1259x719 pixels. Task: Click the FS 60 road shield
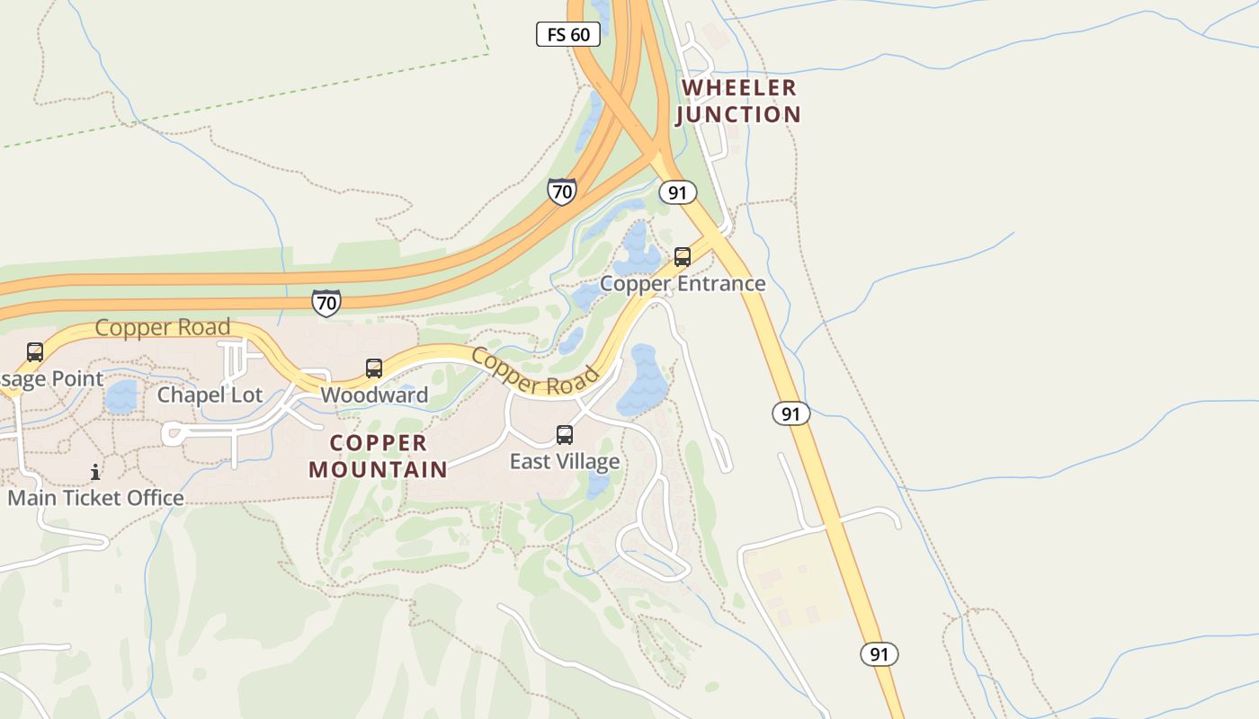coord(567,35)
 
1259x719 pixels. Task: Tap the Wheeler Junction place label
coord(738,101)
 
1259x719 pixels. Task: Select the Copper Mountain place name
coord(378,456)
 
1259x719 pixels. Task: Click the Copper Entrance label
coord(683,284)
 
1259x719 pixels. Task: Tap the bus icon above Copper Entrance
coord(683,257)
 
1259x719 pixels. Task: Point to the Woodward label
coord(374,395)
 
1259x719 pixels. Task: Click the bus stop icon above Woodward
coord(374,368)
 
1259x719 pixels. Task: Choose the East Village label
coord(565,462)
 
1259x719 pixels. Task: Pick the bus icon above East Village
coord(565,435)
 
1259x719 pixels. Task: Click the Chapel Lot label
coord(210,395)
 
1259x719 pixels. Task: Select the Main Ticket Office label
coord(95,498)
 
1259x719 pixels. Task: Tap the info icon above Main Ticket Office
coord(95,472)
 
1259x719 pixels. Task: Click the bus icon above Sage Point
coord(35,352)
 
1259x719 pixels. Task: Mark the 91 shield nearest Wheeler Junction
coord(677,192)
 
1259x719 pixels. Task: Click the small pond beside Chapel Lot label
coord(121,396)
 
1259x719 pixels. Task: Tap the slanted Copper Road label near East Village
coord(534,372)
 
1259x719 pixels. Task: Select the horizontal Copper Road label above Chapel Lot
coord(163,327)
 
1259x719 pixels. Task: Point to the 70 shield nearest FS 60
coord(562,191)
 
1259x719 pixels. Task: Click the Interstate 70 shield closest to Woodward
coord(326,303)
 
